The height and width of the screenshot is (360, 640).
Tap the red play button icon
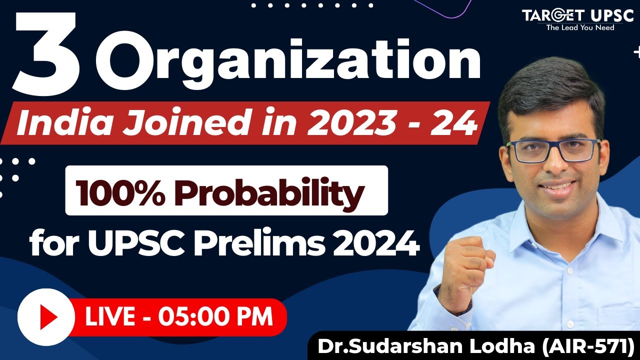coord(46,317)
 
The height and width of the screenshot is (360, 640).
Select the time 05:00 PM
coord(215,317)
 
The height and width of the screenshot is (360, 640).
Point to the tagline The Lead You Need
coord(580,28)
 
